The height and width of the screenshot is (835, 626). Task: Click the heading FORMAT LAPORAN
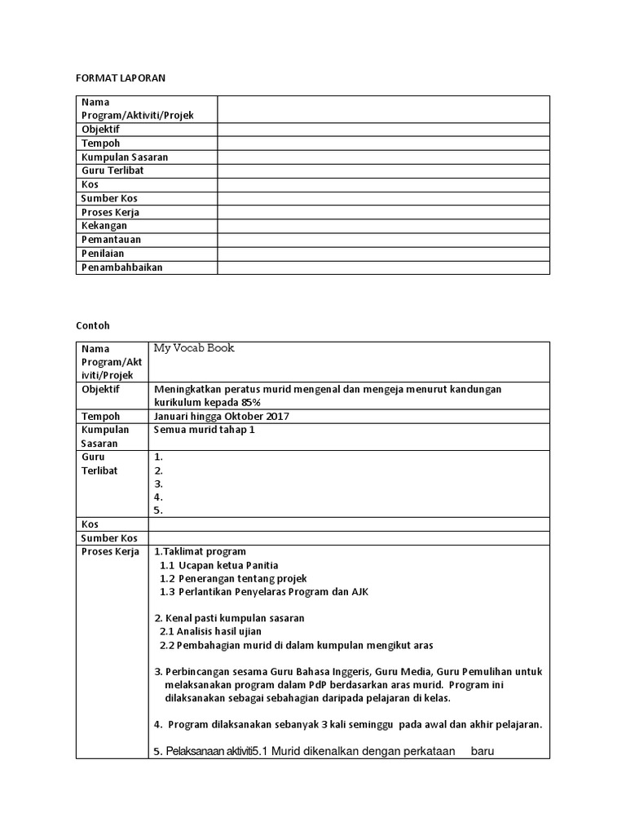click(120, 77)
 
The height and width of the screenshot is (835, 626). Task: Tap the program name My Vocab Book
click(194, 348)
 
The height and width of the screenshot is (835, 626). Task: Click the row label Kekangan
click(104, 226)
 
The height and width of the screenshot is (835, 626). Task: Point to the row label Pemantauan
click(111, 240)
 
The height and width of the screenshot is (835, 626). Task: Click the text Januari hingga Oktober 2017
click(221, 417)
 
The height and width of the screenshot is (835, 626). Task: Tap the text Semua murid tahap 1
click(205, 430)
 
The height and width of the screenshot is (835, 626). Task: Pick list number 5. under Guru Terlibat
click(159, 510)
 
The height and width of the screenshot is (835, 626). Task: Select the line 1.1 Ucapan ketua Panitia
click(219, 565)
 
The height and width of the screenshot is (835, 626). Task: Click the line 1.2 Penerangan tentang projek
click(233, 578)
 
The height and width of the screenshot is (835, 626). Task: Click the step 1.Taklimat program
click(200, 552)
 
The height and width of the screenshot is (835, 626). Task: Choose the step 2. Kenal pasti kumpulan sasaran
click(229, 618)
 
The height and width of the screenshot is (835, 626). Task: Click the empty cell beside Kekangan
click(383, 226)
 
